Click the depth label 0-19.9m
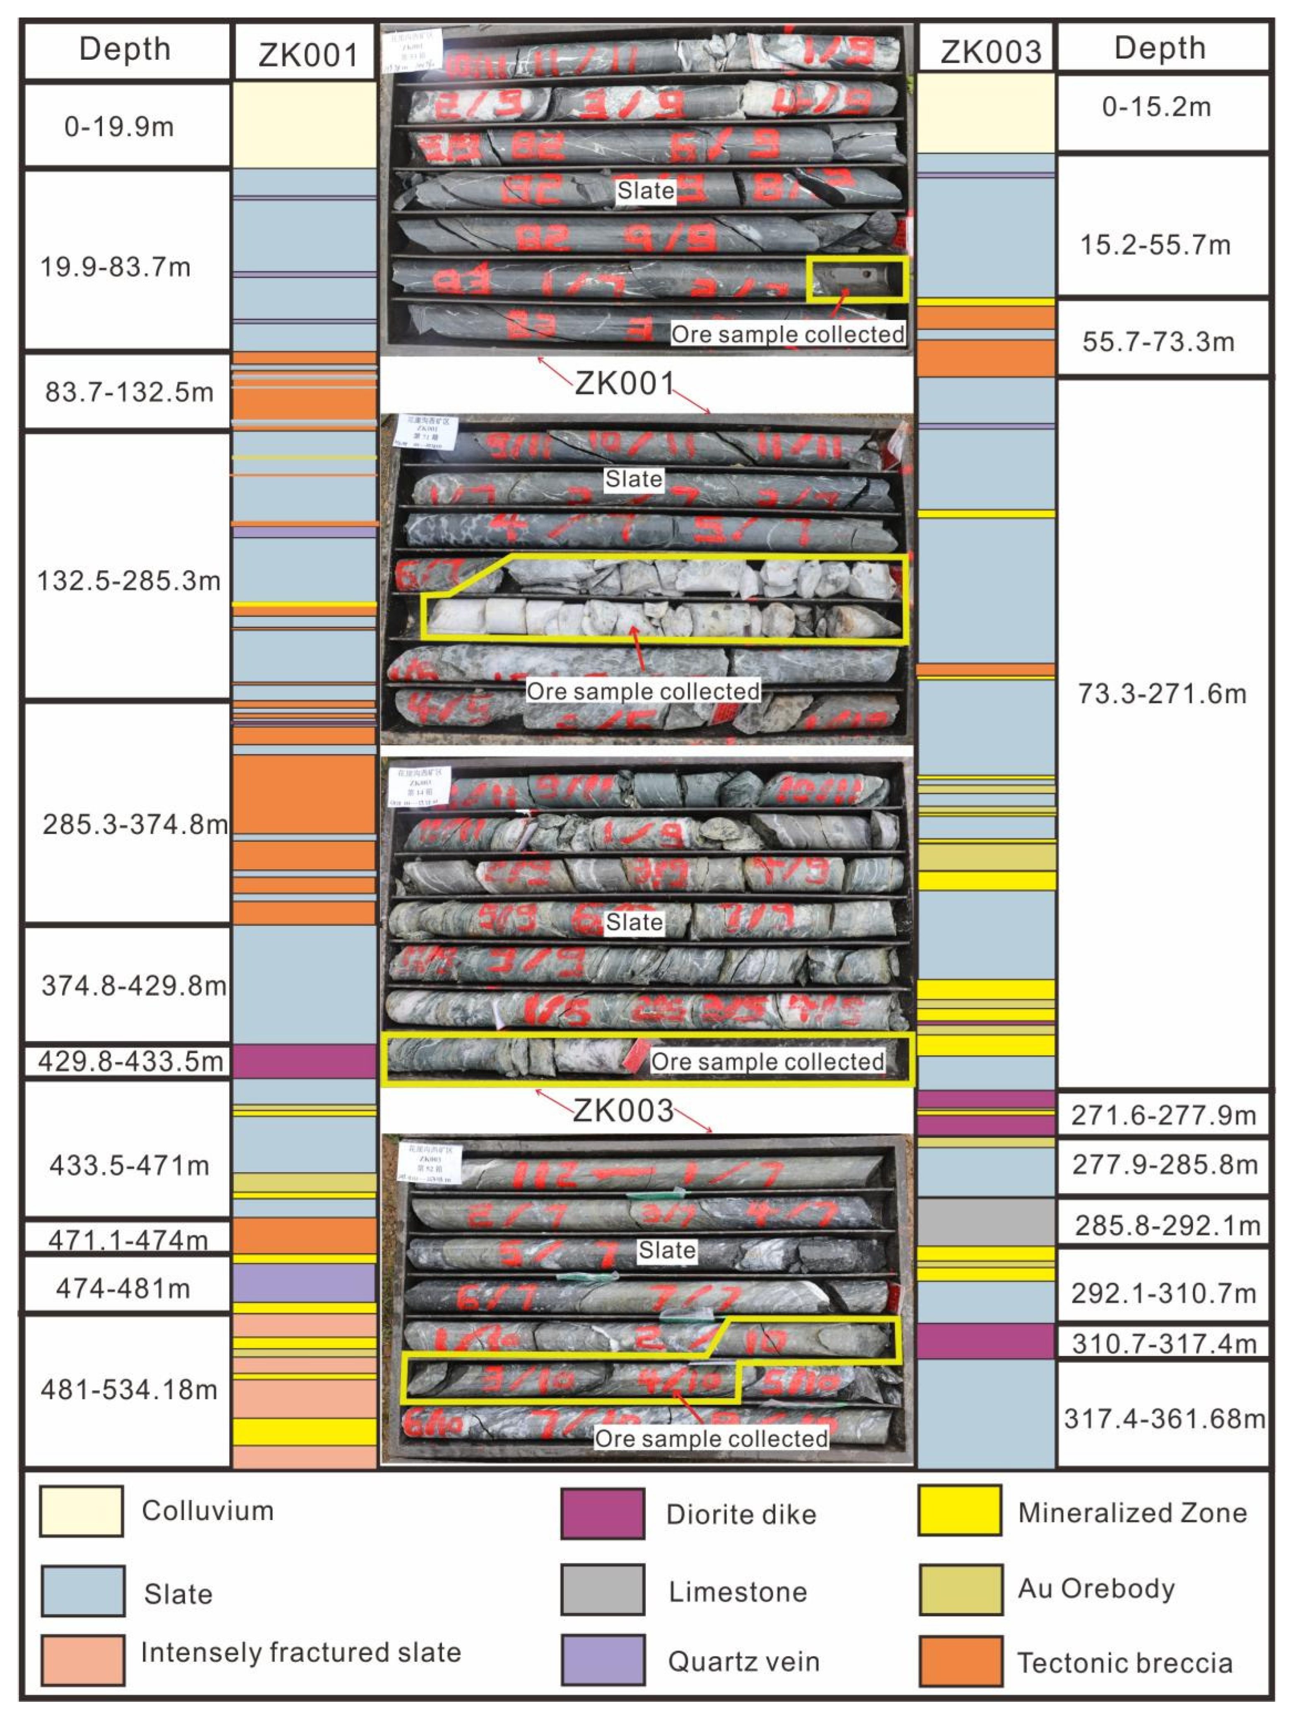[119, 126]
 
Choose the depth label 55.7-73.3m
[1158, 342]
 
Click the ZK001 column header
[308, 54]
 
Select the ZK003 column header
[990, 51]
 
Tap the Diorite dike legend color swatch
[603, 1513]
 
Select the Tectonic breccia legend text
[1124, 1663]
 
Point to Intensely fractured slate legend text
[301, 1652]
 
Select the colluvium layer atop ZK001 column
[304, 124]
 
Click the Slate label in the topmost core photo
[645, 190]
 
